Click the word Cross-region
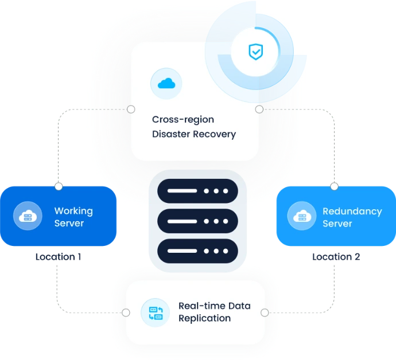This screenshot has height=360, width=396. click(x=175, y=120)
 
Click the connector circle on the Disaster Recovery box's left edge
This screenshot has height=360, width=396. click(x=131, y=109)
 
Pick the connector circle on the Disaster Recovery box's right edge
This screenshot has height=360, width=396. click(x=259, y=109)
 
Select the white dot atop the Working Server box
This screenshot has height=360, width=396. click(x=59, y=186)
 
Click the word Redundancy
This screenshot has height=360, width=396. click(x=352, y=211)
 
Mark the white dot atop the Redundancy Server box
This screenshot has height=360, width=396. click(x=335, y=186)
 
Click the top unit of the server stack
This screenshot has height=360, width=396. click(x=197, y=190)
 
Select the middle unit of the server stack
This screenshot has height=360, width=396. click(x=197, y=221)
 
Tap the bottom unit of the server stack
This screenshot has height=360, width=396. click(x=197, y=251)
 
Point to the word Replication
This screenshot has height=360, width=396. click(x=204, y=319)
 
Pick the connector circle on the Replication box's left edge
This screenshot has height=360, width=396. click(x=127, y=313)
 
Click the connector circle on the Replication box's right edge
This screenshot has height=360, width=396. click(x=265, y=313)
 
